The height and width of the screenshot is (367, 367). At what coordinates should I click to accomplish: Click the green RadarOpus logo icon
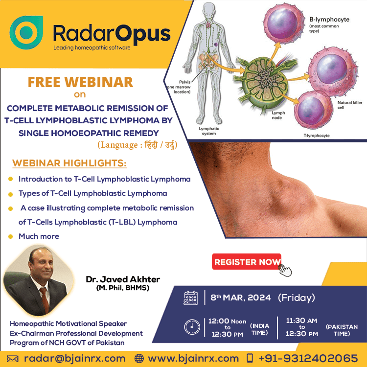pos(26,32)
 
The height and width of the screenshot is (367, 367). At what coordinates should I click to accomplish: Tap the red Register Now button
pos(247,262)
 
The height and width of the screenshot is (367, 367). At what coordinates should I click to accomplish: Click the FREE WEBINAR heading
pos(80,82)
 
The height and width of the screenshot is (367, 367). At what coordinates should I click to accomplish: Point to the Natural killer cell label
pos(350,105)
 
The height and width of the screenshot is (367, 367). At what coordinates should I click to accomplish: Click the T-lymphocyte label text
pos(317,136)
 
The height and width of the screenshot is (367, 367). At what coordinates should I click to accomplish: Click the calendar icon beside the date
pos(190,298)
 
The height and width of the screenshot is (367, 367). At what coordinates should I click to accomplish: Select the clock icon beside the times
pos(192,327)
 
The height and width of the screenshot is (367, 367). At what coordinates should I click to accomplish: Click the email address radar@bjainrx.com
pos(75,359)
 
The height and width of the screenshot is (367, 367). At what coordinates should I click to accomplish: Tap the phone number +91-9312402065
pos(308,359)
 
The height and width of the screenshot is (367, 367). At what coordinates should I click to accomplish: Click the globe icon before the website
pos(139,359)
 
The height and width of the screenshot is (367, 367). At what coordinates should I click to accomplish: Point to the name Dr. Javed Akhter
pos(123,279)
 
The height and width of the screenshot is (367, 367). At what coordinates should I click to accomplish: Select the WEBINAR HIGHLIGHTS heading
pos(69,163)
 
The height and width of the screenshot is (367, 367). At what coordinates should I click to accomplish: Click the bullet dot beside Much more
pos(11,236)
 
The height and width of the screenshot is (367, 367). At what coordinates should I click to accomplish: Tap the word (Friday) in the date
pos(297,298)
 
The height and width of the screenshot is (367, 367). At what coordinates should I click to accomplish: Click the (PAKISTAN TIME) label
pos(342,330)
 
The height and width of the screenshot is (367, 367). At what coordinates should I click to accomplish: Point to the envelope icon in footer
pos(13,359)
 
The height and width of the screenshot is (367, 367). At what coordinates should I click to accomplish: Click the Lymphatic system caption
pos(209,131)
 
